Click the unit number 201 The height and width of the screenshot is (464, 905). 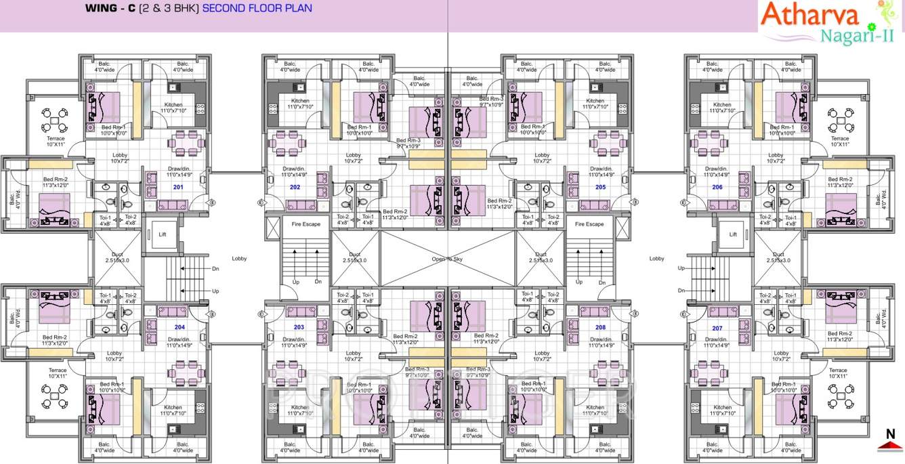[x=178, y=186]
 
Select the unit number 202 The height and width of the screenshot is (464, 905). [x=295, y=186]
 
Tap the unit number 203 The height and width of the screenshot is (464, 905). [x=299, y=326]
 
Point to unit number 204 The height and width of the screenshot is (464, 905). [x=180, y=326]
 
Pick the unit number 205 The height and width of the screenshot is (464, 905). [x=600, y=186]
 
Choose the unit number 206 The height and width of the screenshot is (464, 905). [x=717, y=186]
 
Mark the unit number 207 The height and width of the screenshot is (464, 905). [x=717, y=326]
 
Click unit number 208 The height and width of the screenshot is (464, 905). [x=600, y=326]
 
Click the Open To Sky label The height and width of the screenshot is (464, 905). [x=448, y=259]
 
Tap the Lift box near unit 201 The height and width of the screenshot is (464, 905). [x=163, y=234]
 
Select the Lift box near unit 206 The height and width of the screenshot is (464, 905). [x=733, y=234]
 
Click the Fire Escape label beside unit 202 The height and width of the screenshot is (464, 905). [x=306, y=224]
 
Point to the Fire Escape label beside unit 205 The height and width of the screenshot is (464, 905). [x=589, y=224]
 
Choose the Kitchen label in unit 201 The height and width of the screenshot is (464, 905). [x=173, y=104]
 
